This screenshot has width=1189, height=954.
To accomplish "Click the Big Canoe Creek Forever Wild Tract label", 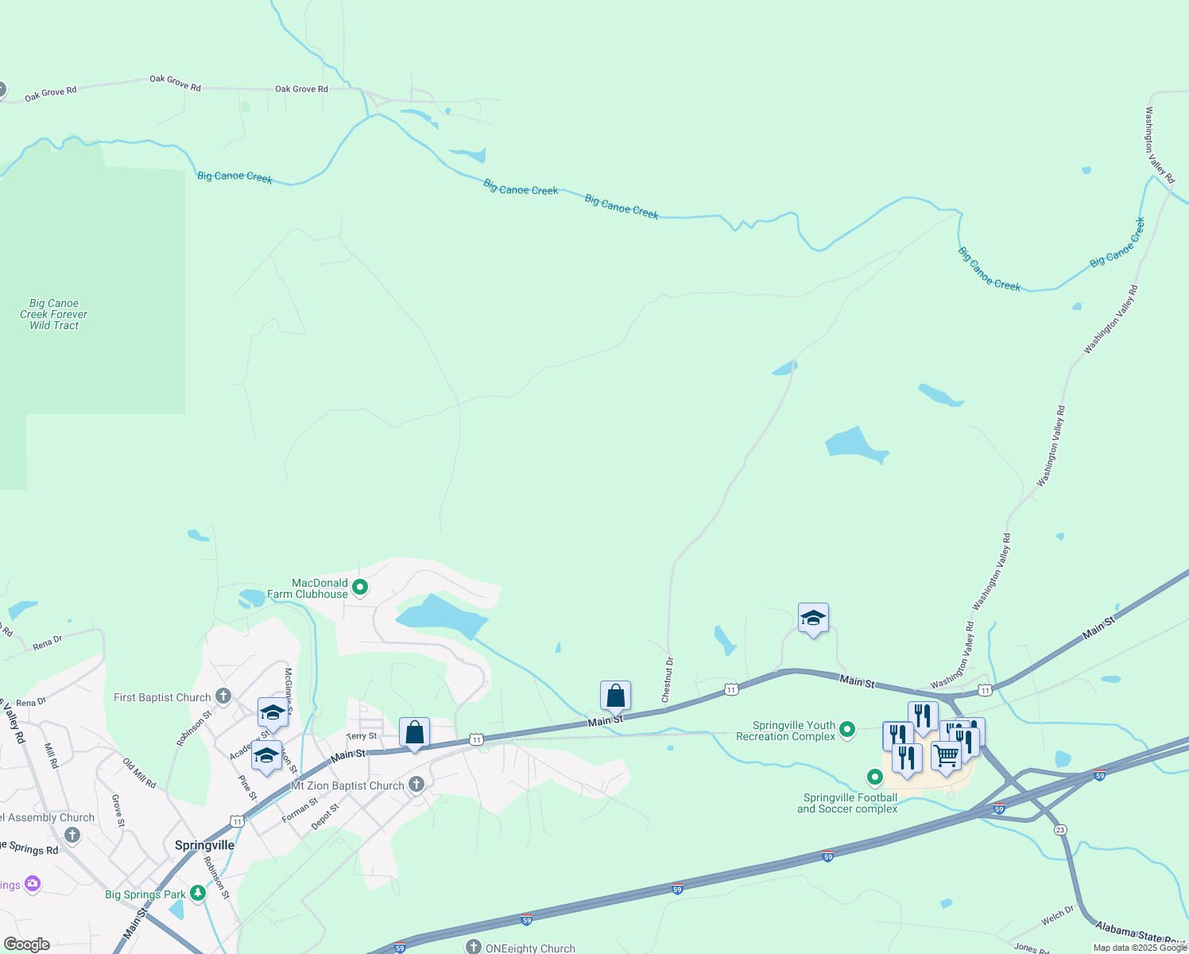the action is tap(54, 314).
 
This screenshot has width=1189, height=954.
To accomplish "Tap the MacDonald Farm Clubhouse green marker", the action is tap(360, 588).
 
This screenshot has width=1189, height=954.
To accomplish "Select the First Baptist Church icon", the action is tap(223, 697).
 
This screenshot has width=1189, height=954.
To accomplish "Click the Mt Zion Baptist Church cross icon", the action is tap(416, 785).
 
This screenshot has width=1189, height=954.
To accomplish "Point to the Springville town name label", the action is tap(204, 845).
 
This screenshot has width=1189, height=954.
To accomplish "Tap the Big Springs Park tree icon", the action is tap(198, 894).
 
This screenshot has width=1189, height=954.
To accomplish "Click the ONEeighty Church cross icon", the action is tap(474, 947).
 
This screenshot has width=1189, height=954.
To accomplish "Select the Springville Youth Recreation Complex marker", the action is tap(847, 729).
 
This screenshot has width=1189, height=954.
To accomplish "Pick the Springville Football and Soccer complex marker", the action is tap(875, 777).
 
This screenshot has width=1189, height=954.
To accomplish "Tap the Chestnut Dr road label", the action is tap(668, 679).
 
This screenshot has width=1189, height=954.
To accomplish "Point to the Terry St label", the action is tap(362, 736).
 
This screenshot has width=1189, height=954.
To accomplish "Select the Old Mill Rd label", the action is tap(139, 773).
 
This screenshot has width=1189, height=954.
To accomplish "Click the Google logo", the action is tap(27, 944).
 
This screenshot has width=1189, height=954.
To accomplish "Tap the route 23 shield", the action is tap(1060, 830).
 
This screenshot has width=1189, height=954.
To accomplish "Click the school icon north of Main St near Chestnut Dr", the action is tap(813, 618).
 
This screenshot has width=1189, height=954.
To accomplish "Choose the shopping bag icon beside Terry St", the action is tap(415, 732).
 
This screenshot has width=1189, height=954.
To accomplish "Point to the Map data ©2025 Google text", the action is tap(1139, 948).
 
